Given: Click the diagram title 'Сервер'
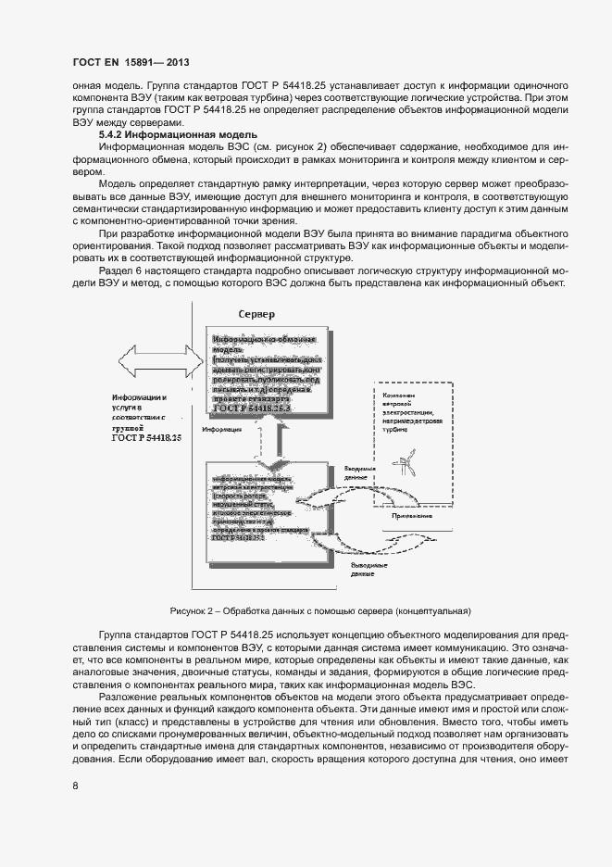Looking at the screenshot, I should [x=256, y=315].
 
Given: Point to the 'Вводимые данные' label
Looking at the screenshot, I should [x=360, y=473].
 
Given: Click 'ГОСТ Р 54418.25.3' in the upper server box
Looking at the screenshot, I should [x=252, y=408].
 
